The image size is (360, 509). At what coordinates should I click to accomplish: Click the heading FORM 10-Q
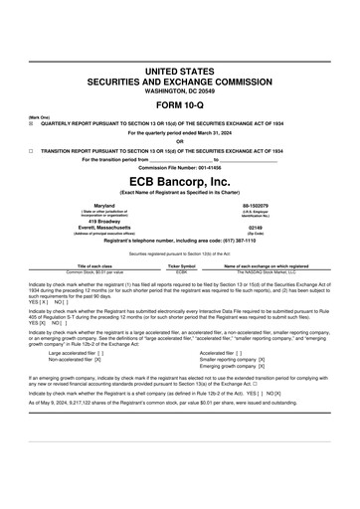point(179,106)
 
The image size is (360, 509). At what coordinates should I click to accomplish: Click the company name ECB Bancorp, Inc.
point(179,182)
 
